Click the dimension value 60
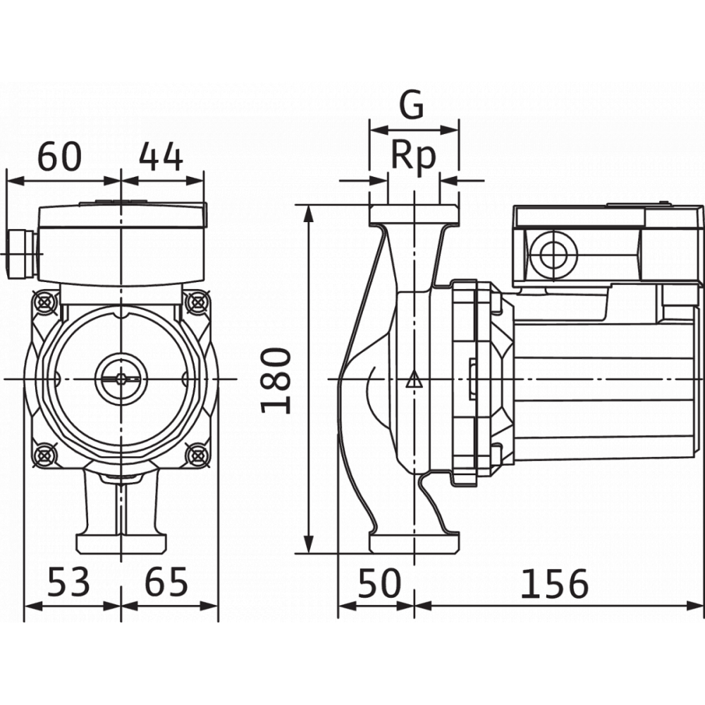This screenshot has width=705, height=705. (x=59, y=157)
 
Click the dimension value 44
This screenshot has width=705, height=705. (x=161, y=157)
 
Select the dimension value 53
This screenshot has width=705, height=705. (x=69, y=582)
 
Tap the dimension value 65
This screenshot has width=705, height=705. (x=166, y=582)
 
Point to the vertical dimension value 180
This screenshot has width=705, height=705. (x=276, y=381)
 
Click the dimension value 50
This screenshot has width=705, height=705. (x=379, y=583)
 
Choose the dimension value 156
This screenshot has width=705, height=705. (x=554, y=584)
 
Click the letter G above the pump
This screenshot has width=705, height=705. (x=412, y=105)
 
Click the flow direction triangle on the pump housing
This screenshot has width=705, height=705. (x=414, y=381)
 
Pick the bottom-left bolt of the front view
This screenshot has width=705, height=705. (x=45, y=455)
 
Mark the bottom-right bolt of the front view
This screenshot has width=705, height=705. (x=198, y=455)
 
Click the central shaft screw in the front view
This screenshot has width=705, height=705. (x=121, y=379)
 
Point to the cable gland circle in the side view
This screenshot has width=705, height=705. (x=553, y=255)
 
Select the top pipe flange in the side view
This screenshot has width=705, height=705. (x=414, y=214)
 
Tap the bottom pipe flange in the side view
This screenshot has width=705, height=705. (x=414, y=544)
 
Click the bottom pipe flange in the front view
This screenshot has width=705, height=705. (x=121, y=544)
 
